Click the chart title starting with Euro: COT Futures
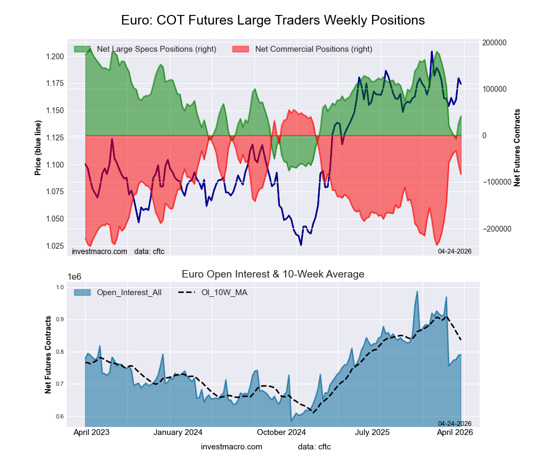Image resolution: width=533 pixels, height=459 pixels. tap(273, 20)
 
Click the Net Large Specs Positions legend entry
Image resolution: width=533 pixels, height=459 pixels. tap(152, 49)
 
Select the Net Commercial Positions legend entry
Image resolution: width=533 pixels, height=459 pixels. tap(313, 49)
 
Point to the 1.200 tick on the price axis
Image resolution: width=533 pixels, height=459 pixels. tap(55, 57)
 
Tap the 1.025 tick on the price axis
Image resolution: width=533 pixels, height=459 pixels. tap(55, 246)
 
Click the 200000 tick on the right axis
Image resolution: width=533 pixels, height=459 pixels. tap(494, 43)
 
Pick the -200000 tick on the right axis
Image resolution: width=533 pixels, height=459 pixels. tap(495, 229)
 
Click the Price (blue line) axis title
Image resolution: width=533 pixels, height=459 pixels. tap(38, 148)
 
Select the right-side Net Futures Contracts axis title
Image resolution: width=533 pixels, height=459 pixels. tap(517, 147)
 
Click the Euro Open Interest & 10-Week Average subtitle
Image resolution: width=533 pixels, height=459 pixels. tap(273, 274)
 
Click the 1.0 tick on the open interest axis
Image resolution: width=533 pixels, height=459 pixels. tap(60, 288)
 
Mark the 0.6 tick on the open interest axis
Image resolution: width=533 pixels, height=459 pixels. tap(60, 417)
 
